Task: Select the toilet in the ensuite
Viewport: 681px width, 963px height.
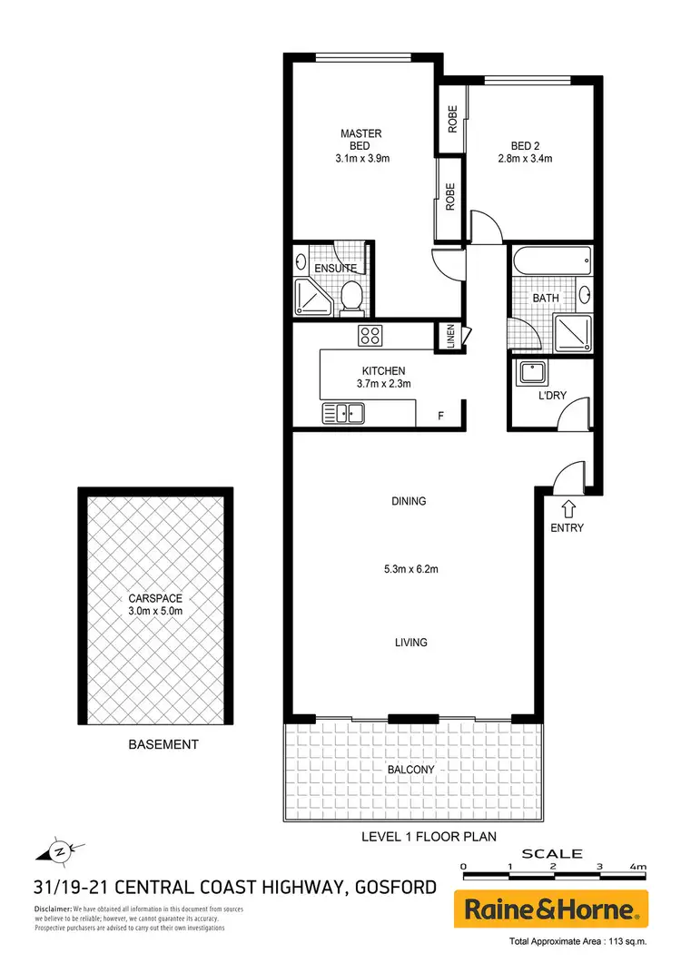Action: pyautogui.click(x=351, y=293)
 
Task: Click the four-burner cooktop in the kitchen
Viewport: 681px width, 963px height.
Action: pyautogui.click(x=370, y=336)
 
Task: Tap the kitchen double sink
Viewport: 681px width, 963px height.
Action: pyautogui.click(x=343, y=414)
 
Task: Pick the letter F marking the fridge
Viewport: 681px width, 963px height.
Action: pyautogui.click(x=440, y=416)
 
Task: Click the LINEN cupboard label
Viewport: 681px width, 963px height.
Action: pyautogui.click(x=449, y=335)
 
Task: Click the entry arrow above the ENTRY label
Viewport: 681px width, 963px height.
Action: pyautogui.click(x=569, y=508)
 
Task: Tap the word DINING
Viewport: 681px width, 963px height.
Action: pyautogui.click(x=409, y=501)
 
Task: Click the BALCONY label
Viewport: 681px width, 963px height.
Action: pyautogui.click(x=410, y=770)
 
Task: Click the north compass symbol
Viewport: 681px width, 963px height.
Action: pyautogui.click(x=57, y=850)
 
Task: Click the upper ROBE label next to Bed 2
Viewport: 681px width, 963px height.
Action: pyautogui.click(x=451, y=120)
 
